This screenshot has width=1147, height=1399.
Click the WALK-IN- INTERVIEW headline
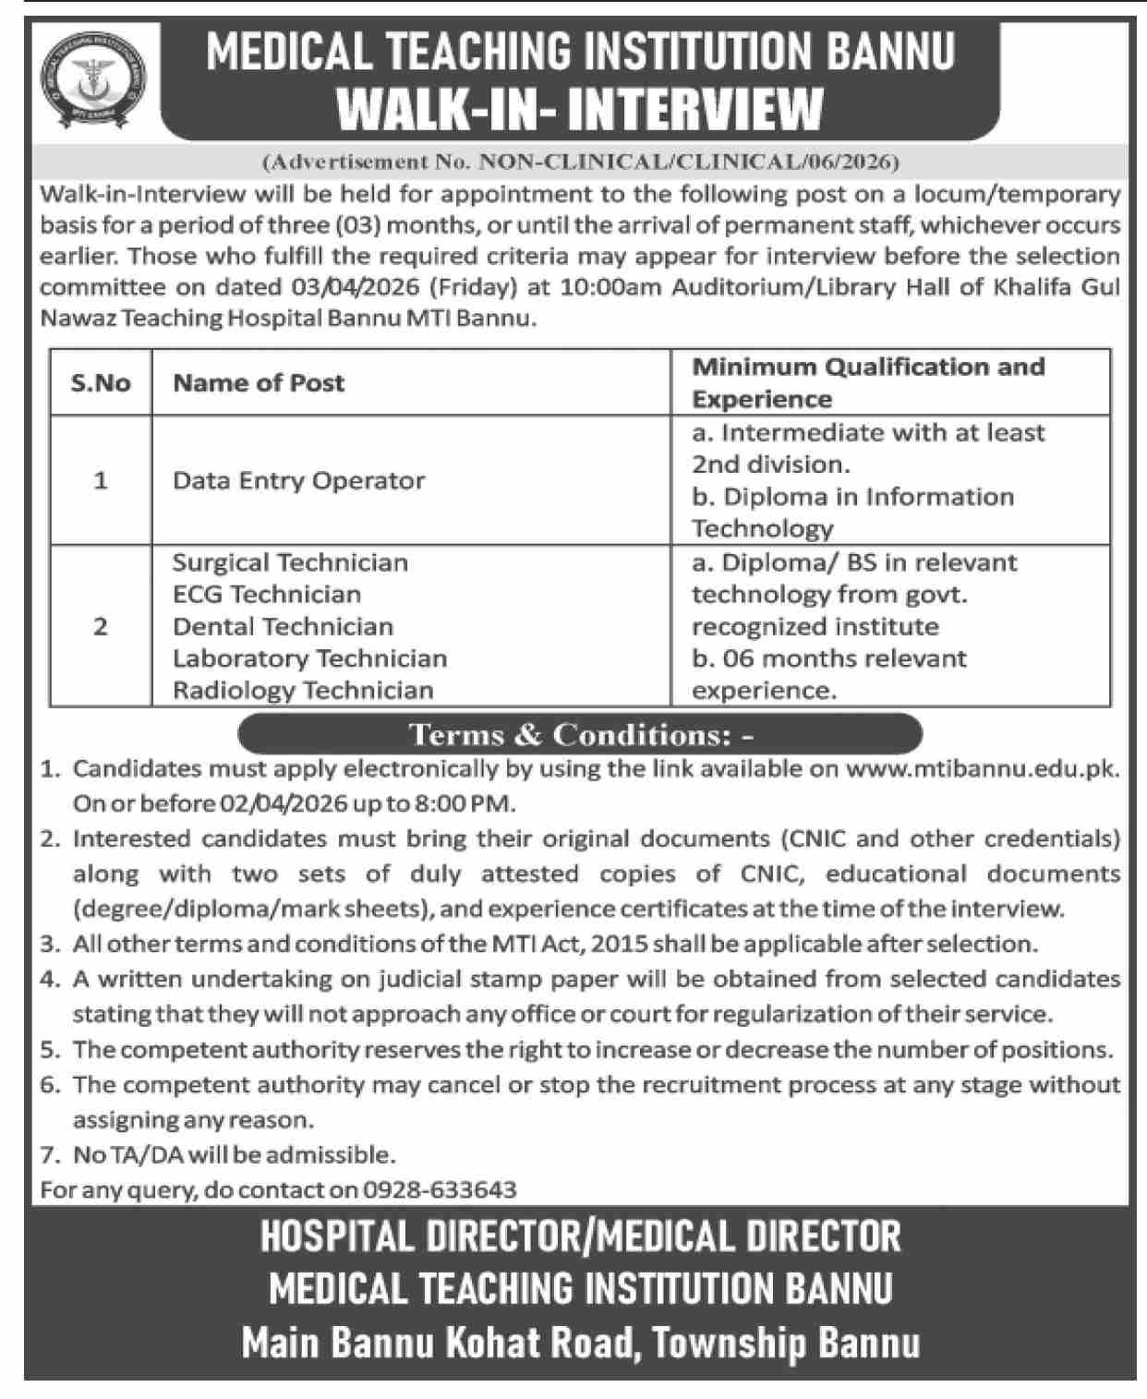(579, 109)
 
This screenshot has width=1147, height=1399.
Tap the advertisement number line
(581, 163)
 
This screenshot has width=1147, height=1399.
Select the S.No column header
(101, 382)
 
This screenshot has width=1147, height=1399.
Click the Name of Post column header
(259, 382)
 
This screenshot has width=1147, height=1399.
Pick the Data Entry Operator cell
(298, 480)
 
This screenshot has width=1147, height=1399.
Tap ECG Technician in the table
(267, 594)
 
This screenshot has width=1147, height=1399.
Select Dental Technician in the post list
(283, 626)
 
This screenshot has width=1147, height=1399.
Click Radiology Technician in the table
(303, 690)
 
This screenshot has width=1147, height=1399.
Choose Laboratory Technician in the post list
(309, 658)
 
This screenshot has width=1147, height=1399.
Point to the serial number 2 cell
(101, 626)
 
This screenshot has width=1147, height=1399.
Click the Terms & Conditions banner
(580, 735)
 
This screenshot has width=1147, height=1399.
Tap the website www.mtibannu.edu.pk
(983, 768)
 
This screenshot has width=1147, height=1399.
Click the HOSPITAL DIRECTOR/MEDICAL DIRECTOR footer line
(580, 1236)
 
